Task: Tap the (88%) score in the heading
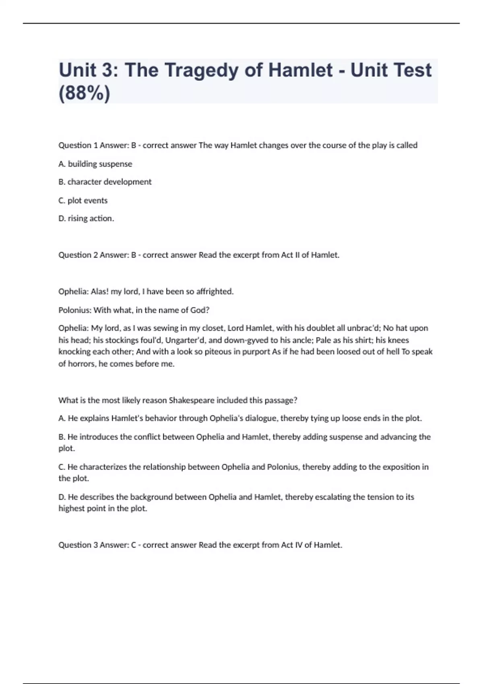(84, 93)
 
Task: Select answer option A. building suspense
(95, 164)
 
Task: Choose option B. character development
(105, 182)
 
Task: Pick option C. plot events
(83, 200)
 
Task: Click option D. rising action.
(86, 218)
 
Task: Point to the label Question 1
(78, 145)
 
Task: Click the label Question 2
(78, 255)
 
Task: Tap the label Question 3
(78, 545)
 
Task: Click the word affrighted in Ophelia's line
(214, 291)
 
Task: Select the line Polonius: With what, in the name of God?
(134, 310)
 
